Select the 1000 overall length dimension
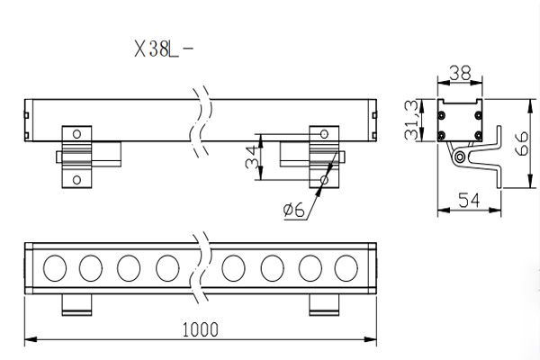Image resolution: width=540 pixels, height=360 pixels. coord(199,330)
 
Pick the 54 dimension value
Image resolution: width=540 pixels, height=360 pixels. coord(470,200)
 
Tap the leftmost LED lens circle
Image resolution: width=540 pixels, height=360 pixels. coord(54,267)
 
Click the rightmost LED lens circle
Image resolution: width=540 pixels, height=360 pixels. coord(346,267)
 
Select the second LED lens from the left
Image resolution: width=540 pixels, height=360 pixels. coord(91,267)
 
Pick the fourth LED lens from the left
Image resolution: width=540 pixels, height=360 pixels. coord(167,267)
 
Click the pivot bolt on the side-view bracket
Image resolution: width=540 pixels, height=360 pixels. coord(461,157)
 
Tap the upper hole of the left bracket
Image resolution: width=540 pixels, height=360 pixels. coord(76,134)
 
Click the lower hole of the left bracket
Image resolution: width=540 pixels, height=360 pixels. coord(76,179)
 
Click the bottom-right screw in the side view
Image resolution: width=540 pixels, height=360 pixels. coord(477,135)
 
